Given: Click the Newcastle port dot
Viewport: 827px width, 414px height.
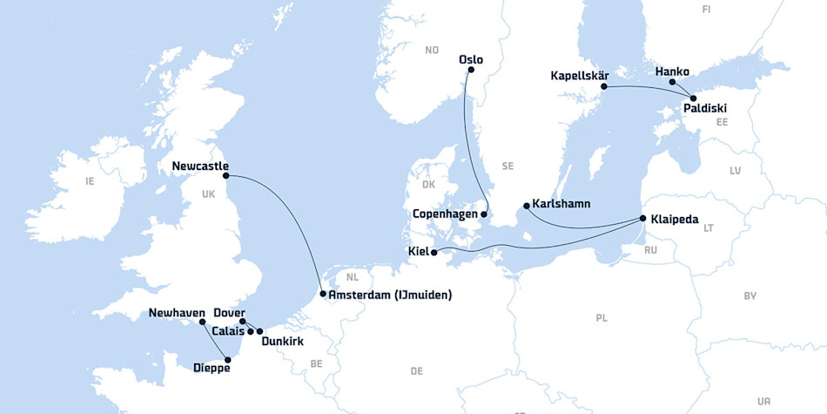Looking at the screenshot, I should pos(228,176).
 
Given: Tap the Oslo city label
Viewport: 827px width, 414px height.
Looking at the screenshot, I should pos(470,60).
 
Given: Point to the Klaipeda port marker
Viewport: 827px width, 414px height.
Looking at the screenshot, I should pos(642,218).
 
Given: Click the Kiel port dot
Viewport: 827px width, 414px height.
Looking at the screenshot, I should pos(434,252).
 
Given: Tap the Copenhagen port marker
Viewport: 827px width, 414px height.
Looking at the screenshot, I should pos(484,214).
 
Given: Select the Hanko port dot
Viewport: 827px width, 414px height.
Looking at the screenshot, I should pos(672,83).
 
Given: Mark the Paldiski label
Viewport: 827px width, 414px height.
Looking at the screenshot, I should pos(704,109).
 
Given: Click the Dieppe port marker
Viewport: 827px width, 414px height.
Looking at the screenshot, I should pos(228,357).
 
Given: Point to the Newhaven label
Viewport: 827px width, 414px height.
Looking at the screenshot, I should pos(177,313).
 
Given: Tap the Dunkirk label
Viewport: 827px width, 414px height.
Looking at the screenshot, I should pos(282,342).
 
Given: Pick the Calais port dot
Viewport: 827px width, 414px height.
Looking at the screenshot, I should pos(251,331).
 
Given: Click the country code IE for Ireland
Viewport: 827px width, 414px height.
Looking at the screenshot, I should pos(90,181).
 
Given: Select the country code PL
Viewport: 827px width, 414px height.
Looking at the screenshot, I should pos(601,318).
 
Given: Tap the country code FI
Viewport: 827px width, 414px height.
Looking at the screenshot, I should pos(706,9).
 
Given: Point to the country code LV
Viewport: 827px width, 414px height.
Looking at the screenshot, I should pos(735,171).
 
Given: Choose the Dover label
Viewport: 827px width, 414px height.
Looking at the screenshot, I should pos(229,313).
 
